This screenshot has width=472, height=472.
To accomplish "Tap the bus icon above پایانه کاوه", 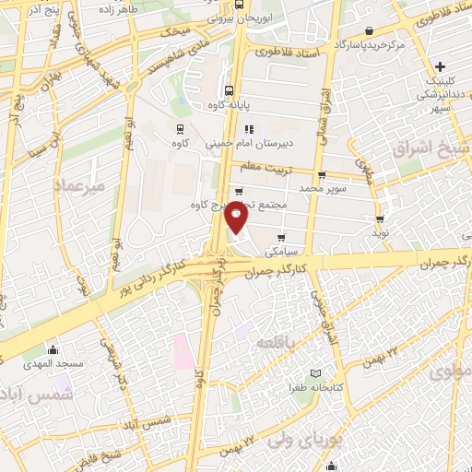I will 229,90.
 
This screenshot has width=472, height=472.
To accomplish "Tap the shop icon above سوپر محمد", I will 321,175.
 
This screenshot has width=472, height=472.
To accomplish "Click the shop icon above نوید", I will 380,219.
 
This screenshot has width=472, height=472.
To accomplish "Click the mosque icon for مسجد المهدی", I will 53,350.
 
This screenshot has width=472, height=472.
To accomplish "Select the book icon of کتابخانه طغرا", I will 317,373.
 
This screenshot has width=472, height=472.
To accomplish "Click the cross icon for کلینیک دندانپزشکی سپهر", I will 442,67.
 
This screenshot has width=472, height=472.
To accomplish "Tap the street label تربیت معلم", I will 264,168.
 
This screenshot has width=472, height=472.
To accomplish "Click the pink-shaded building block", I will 181,348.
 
